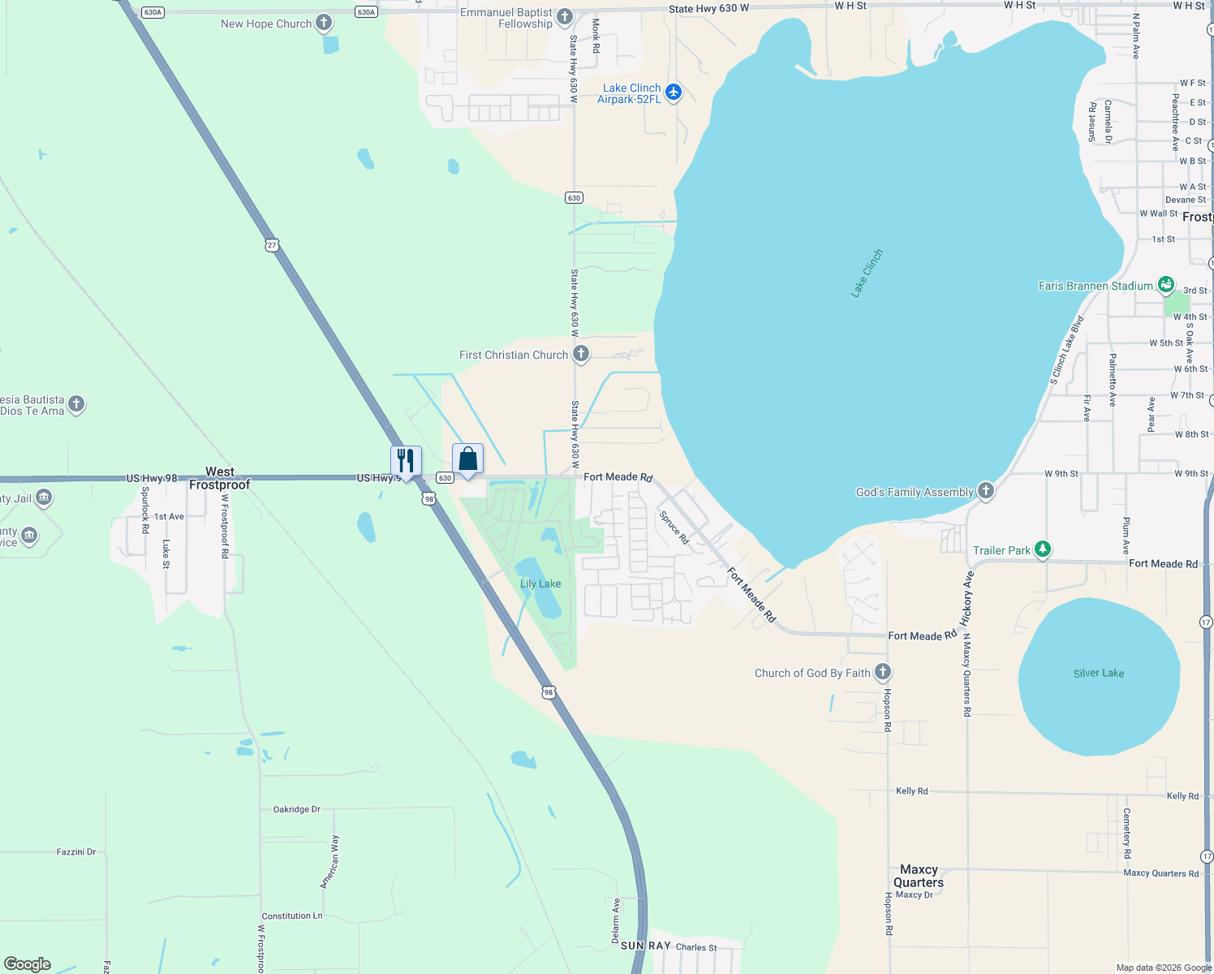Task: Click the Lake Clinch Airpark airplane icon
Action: pos(673,93)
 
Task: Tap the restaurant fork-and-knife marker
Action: pos(406,460)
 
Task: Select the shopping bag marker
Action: pos(467,459)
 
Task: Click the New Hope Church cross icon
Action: pos(324,23)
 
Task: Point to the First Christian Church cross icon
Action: pos(581,354)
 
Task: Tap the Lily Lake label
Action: pos(540,584)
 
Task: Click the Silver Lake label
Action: pos(1099,673)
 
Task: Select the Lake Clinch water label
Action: pos(867,274)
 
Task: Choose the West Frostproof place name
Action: pos(220,478)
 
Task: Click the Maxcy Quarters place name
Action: pos(919,876)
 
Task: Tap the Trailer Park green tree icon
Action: pos(1043,549)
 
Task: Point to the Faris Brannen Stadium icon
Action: pos(1166,285)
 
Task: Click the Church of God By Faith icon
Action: pos(883,672)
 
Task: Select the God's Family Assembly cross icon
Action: pos(985,490)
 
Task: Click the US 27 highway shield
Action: pos(272,244)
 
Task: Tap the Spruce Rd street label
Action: pos(674,528)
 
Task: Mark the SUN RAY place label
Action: pos(646,946)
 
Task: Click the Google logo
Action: pos(28,964)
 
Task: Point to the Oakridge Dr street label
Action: pos(296,809)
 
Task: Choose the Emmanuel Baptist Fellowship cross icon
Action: pos(565,17)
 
